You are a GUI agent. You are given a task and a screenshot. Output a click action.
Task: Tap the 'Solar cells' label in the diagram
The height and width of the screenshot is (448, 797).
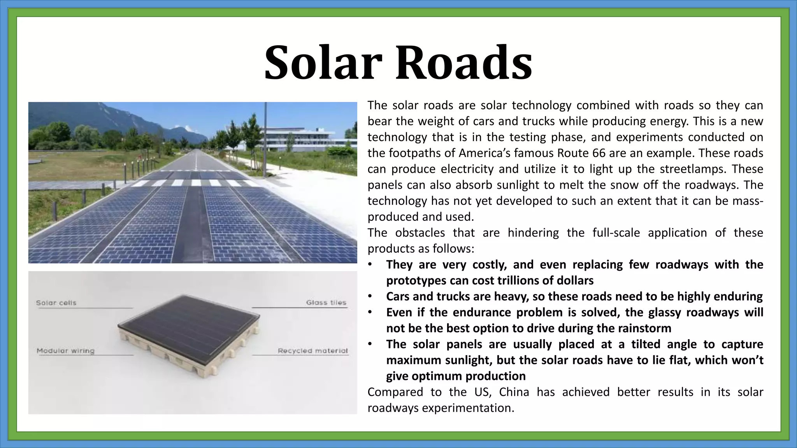[56, 303]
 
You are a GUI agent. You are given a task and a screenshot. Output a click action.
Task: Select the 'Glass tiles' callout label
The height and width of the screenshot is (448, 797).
[326, 303]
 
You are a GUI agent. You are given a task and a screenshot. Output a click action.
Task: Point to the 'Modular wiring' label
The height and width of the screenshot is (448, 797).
[65, 351]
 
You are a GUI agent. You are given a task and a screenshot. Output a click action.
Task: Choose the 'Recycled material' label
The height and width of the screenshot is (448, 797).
[312, 351]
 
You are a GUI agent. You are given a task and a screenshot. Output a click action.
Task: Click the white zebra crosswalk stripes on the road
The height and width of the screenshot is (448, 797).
[195, 183]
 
